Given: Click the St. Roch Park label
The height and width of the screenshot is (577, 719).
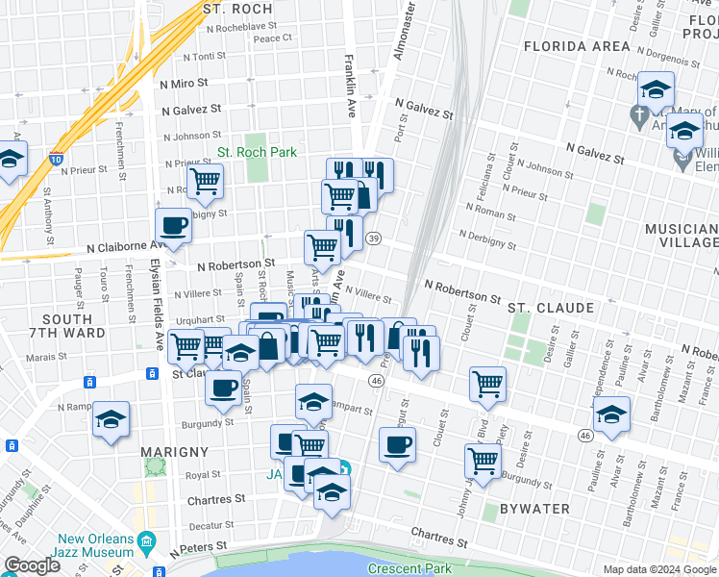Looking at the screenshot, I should pyautogui.click(x=257, y=152).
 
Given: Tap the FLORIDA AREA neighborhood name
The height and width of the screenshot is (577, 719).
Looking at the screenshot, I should pyautogui.click(x=577, y=46).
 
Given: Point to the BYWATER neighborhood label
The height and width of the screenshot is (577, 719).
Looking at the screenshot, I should pyautogui.click(x=533, y=508).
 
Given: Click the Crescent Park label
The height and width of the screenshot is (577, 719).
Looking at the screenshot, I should pyautogui.click(x=409, y=568).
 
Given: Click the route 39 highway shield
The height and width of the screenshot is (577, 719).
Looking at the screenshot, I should pyautogui.click(x=374, y=238).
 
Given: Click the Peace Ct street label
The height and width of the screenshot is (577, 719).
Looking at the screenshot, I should pyautogui.click(x=273, y=38).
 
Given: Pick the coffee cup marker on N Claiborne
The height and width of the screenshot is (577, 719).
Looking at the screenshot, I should pyautogui.click(x=173, y=226).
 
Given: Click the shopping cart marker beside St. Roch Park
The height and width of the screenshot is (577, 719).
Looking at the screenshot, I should pyautogui.click(x=205, y=180).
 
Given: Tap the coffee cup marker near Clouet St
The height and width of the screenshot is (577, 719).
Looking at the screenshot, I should pyautogui.click(x=398, y=444).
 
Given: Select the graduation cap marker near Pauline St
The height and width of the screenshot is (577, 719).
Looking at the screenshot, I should pyautogui.click(x=611, y=414).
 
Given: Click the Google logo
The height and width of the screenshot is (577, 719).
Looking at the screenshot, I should pyautogui.click(x=31, y=565).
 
